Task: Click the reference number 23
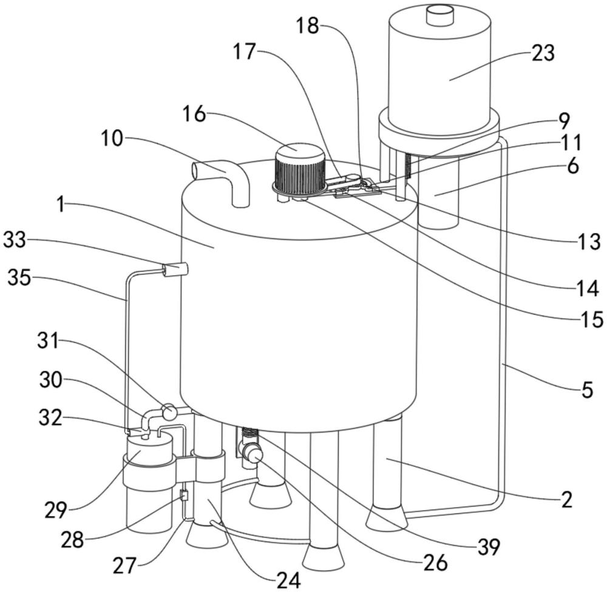click(x=543, y=53)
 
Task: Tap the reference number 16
click(x=194, y=114)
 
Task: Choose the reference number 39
click(x=489, y=547)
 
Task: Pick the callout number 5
click(x=587, y=390)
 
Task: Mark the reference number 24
click(x=288, y=579)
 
